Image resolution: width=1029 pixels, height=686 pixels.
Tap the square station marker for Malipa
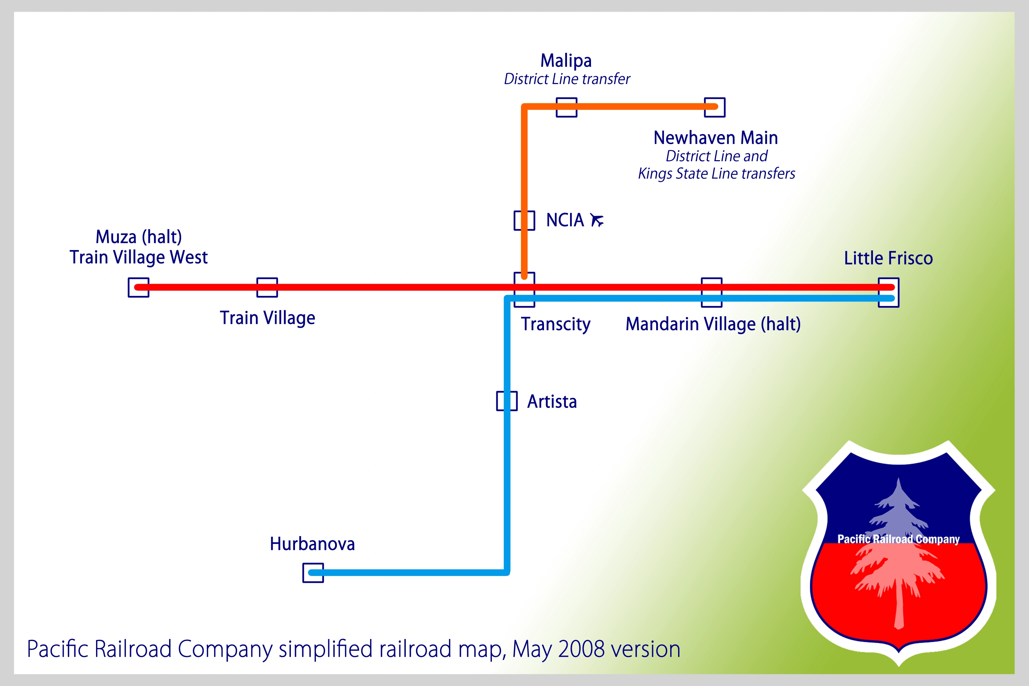(567, 107)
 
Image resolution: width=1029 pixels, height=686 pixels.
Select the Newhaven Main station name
(716, 138)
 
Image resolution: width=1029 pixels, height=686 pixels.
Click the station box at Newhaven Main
(714, 107)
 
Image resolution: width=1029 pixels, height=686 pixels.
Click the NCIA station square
(524, 220)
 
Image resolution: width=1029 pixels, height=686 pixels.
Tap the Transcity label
(556, 324)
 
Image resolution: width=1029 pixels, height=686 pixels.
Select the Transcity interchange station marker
(524, 289)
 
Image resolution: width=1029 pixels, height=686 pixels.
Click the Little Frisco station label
(888, 258)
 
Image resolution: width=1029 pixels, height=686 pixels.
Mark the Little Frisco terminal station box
(889, 292)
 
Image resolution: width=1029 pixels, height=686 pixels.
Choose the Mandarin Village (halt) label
(713, 324)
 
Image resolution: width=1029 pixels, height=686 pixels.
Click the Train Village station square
(267, 287)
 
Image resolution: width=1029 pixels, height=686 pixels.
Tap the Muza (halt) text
(139, 237)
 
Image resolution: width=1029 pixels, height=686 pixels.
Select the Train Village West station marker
(138, 287)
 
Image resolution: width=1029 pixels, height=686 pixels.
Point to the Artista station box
(507, 401)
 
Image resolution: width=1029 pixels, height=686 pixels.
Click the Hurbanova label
(312, 544)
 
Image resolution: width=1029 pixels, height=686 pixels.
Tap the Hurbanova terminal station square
(313, 573)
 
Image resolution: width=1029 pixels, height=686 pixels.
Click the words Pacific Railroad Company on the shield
(898, 539)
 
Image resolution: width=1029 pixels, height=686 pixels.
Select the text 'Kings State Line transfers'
(716, 174)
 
